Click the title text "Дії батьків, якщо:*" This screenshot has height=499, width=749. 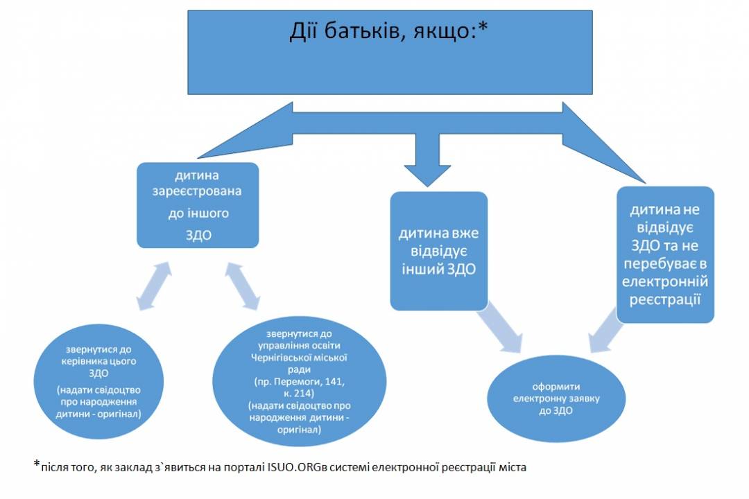(388, 31)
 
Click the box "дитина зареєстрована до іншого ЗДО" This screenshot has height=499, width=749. (198, 205)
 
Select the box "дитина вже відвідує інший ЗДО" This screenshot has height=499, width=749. (439, 251)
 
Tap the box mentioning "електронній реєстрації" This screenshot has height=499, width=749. (665, 254)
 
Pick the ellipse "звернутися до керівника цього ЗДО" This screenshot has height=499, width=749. (98, 382)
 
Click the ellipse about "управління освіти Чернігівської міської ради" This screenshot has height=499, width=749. (300, 381)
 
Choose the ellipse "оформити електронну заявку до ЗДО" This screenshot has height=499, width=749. (556, 399)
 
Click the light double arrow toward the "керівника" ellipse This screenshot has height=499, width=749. (154, 286)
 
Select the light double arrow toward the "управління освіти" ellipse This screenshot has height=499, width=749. (243, 286)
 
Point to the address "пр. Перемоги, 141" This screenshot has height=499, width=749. (300, 382)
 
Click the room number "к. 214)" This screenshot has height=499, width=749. (299, 394)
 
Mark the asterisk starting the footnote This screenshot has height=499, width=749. (37, 463)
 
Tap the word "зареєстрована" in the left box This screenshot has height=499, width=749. (197, 191)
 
